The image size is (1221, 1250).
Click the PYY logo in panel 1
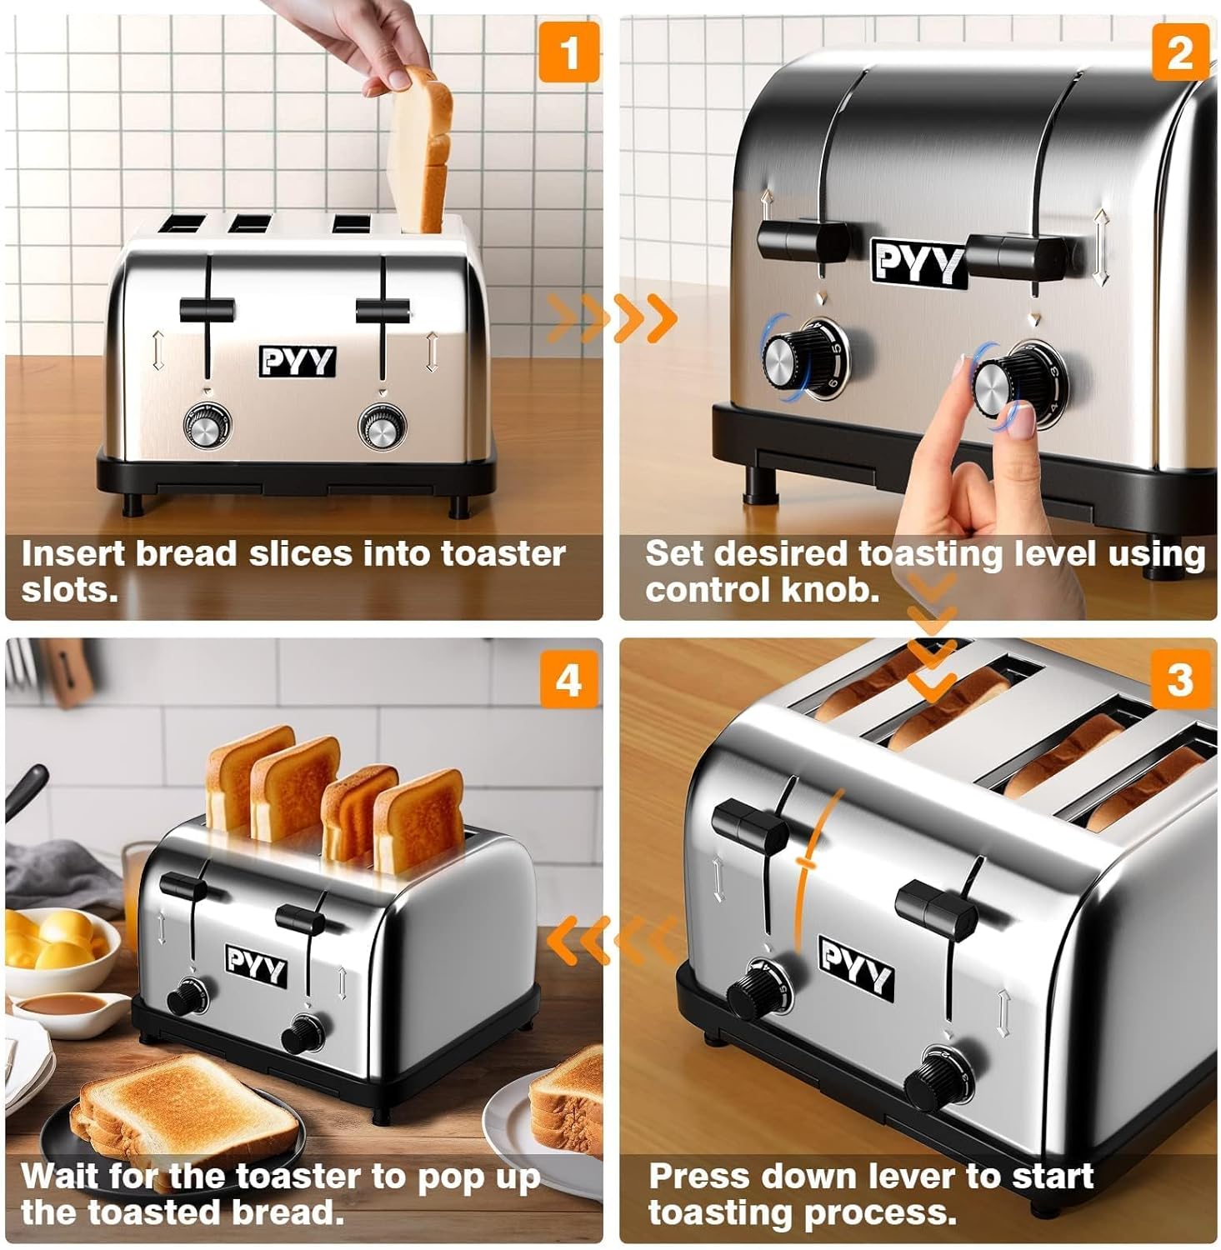pos(297,362)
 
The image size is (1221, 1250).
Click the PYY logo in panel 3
pos(856,967)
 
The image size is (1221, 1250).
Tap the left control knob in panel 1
pos(205,427)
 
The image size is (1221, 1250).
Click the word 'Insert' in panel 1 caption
pos(73,554)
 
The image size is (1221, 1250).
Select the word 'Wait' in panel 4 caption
pos(58,1176)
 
